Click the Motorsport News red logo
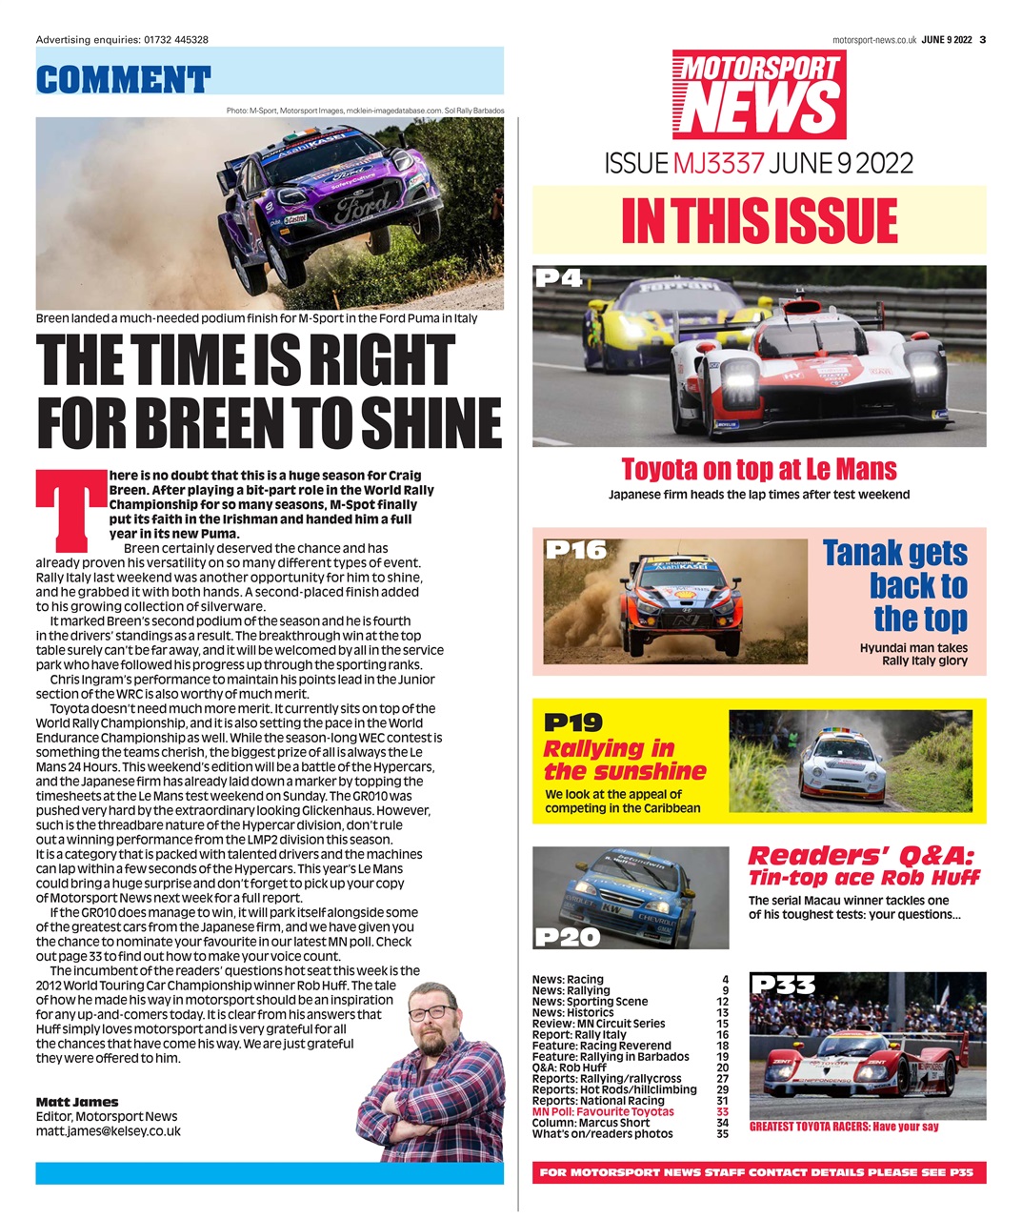click(759, 95)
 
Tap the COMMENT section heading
click(123, 79)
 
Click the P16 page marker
click(575, 550)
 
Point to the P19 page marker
click(572, 722)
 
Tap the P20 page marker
click(568, 937)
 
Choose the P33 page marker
click(783, 985)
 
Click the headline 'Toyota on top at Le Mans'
click(759, 470)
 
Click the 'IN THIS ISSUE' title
click(759, 220)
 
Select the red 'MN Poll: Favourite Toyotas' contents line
click(603, 1111)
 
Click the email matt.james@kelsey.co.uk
click(108, 1131)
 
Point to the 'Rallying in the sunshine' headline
click(625, 760)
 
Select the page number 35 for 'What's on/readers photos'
click(722, 1134)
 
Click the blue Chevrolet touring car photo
click(631, 898)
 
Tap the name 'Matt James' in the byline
click(77, 1102)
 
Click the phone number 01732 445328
click(176, 39)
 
